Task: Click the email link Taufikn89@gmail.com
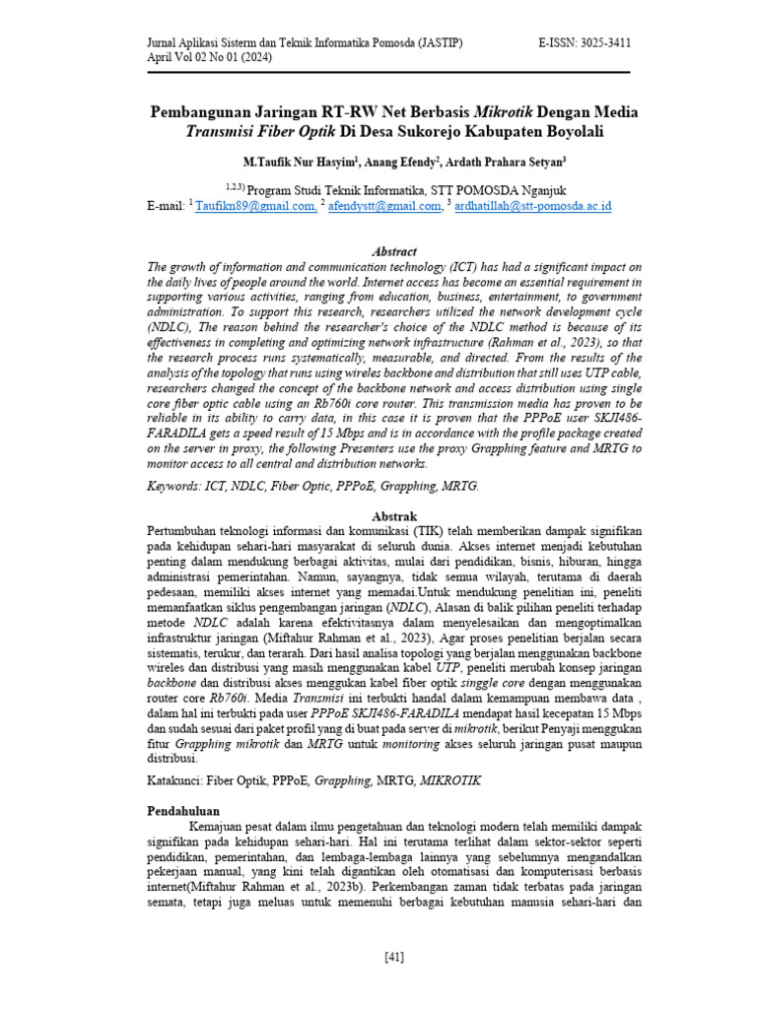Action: (256, 206)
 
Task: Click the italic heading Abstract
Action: (393, 252)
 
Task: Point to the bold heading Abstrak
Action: (393, 515)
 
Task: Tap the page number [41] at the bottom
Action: (393, 957)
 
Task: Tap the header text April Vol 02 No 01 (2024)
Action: (210, 58)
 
